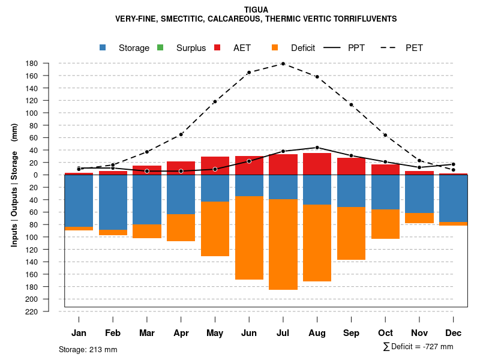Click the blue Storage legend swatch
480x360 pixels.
click(103, 47)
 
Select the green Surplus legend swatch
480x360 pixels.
click(160, 47)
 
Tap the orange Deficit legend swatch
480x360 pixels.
click(275, 47)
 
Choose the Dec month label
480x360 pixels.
click(454, 333)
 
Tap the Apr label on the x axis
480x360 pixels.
click(181, 333)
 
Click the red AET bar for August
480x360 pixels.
click(317, 164)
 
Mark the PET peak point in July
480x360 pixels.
click(283, 63)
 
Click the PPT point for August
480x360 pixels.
click(317, 147)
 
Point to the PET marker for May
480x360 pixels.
click(215, 101)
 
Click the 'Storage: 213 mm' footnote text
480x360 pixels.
click(88, 349)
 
